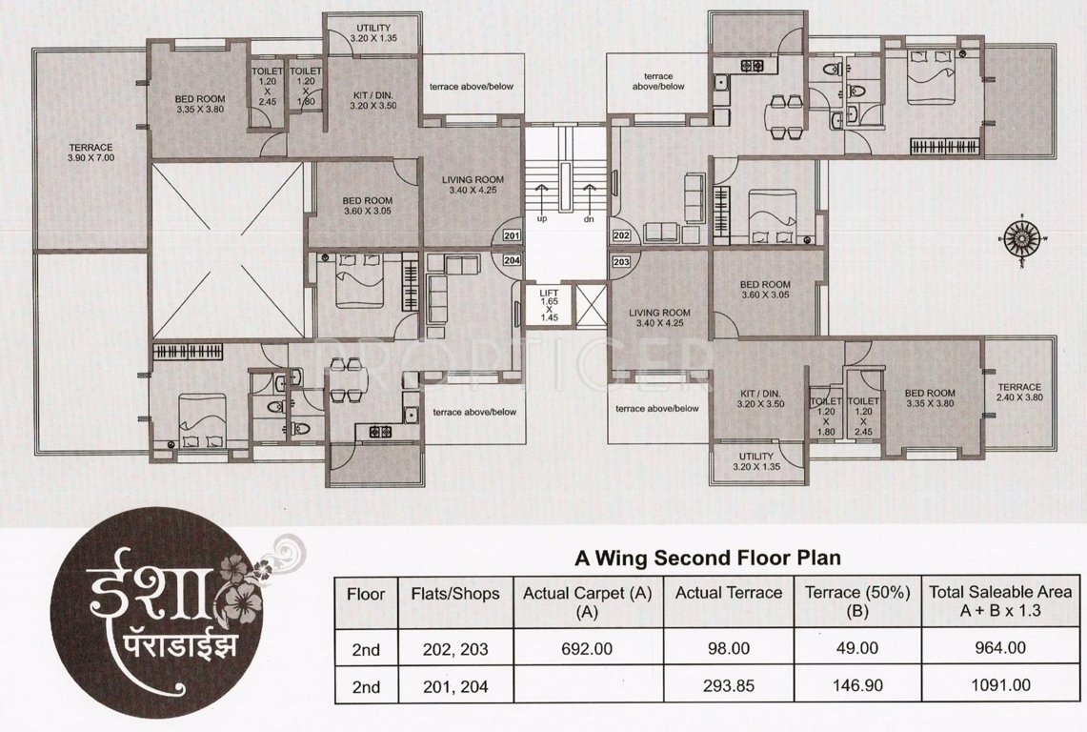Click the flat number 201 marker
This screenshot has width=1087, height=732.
tap(511, 235)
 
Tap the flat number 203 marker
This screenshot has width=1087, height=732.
tap(622, 261)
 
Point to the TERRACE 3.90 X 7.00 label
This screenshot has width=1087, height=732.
tap(91, 152)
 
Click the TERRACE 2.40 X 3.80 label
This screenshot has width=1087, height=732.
tap(1019, 391)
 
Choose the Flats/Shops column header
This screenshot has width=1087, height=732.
tap(454, 593)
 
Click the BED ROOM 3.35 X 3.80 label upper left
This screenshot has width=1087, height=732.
tap(200, 103)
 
